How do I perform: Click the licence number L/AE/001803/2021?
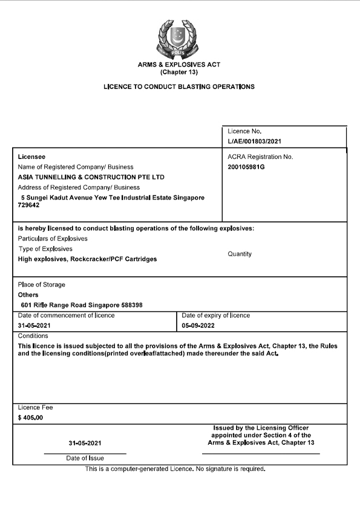[254, 141]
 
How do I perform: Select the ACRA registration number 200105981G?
[246, 166]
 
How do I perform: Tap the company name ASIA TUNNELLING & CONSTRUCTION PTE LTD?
[91, 177]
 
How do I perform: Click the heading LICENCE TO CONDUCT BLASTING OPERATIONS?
[180, 86]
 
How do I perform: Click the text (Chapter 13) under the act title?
[180, 72]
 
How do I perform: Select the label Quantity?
[240, 254]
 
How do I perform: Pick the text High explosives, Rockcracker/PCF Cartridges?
[88, 259]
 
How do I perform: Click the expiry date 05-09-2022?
[199, 325]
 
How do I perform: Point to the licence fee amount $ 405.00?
[30, 418]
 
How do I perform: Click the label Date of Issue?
[85, 458]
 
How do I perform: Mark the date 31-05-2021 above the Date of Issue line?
[85, 443]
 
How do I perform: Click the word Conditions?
[33, 336]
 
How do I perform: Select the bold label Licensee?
[31, 157]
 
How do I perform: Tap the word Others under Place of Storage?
[28, 295]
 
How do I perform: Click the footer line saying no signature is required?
[175, 468]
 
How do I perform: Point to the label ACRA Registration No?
[260, 157]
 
